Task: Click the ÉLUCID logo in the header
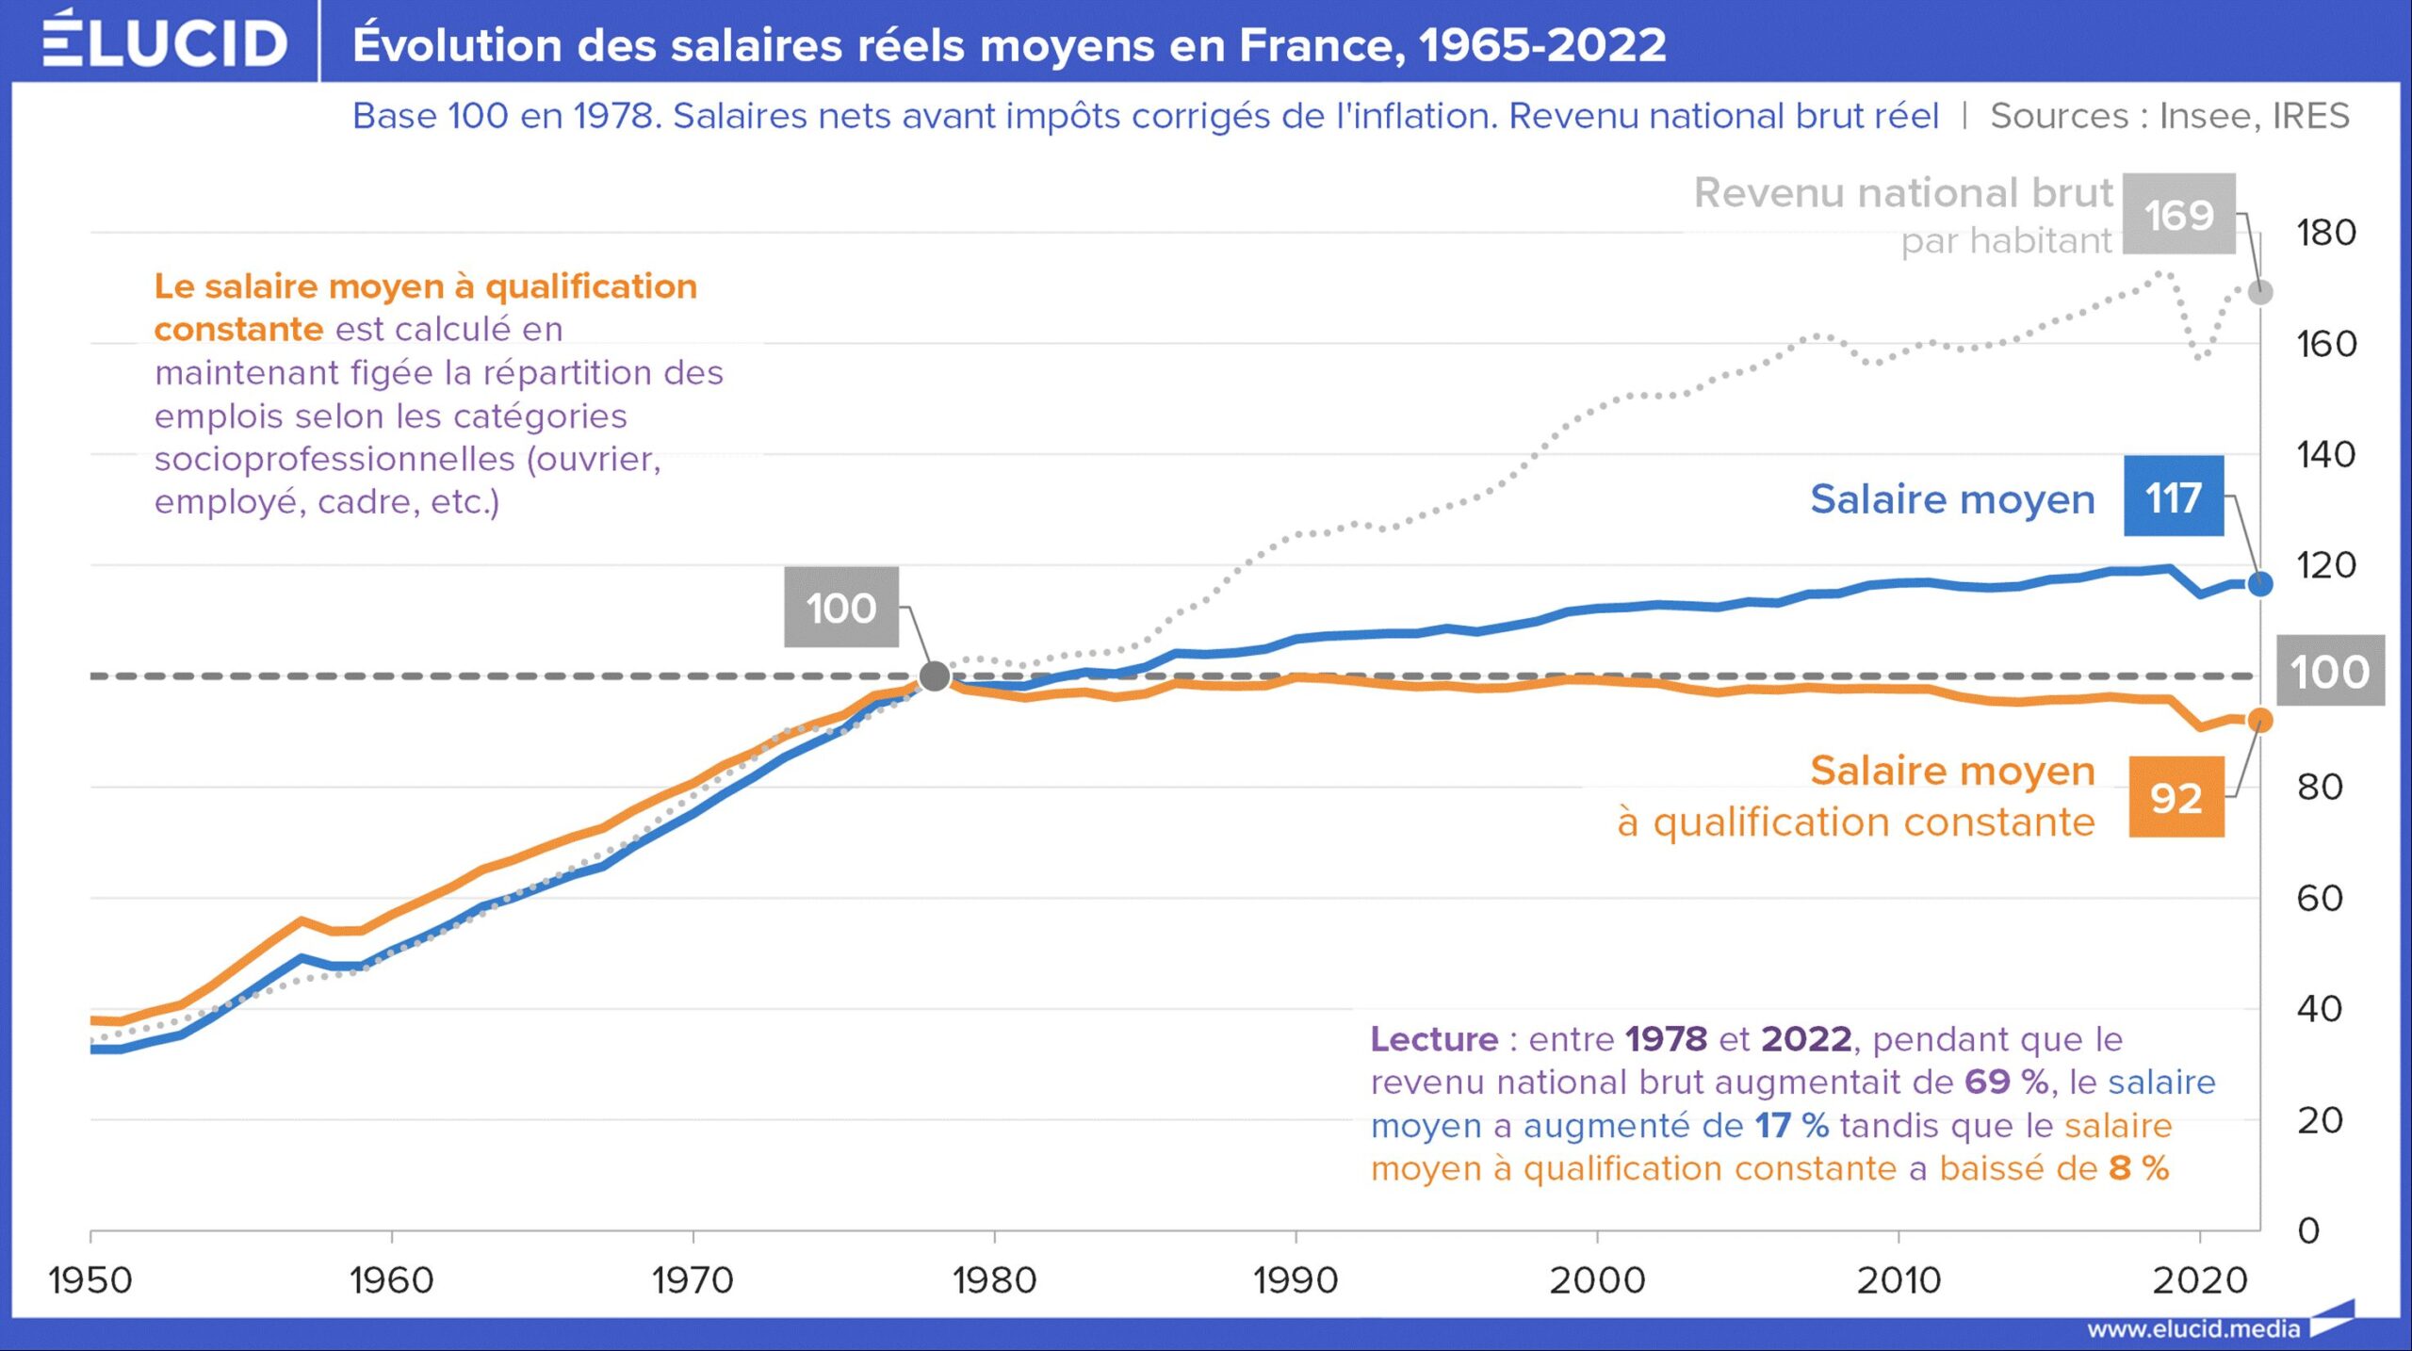[165, 40]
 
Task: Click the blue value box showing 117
[2174, 496]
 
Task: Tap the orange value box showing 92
[2176, 797]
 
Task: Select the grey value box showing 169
[2178, 214]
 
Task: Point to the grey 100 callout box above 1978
[841, 607]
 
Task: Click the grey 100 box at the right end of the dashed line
[2330, 671]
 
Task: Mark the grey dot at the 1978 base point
[935, 675]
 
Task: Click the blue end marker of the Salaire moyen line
[2260, 584]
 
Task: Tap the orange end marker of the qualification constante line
[2260, 721]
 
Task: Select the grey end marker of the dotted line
[2260, 292]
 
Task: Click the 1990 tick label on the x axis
[1296, 1280]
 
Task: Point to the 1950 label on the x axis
[90, 1280]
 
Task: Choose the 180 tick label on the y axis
[2325, 233]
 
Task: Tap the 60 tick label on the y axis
[2320, 898]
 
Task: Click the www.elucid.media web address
[2193, 1328]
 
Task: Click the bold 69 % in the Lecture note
[2007, 1082]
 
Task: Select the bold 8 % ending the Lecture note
[2139, 1168]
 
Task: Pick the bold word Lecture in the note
[1434, 1039]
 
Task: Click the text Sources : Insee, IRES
[2170, 116]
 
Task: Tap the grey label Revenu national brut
[1903, 193]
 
